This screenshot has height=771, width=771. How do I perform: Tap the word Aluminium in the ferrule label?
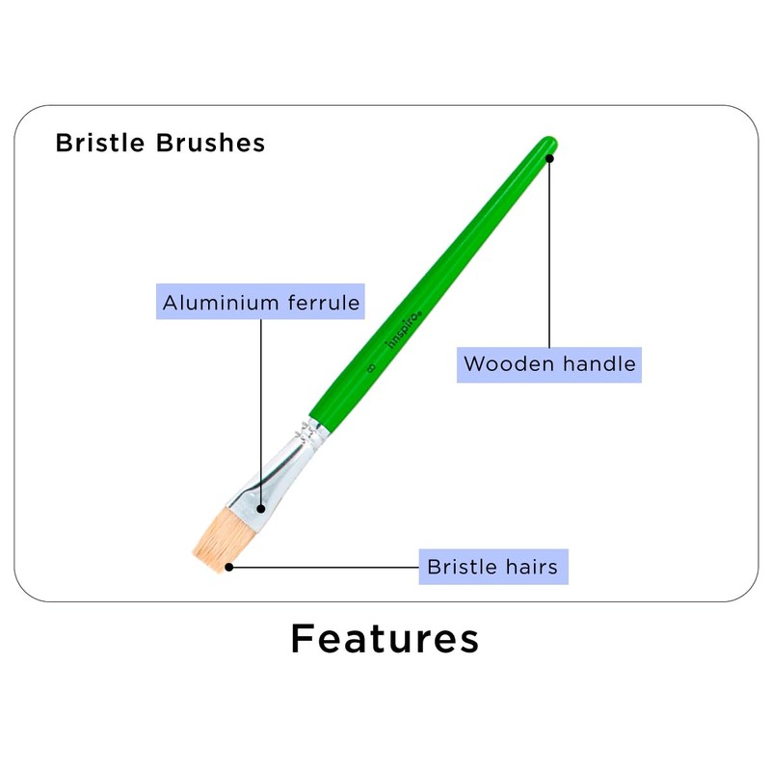coord(222,303)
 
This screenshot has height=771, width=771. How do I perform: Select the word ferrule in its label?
coord(324,303)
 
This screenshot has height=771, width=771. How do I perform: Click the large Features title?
coord(385,639)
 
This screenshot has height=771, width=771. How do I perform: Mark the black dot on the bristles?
coord(228,567)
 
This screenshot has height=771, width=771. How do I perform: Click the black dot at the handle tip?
coord(549,157)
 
